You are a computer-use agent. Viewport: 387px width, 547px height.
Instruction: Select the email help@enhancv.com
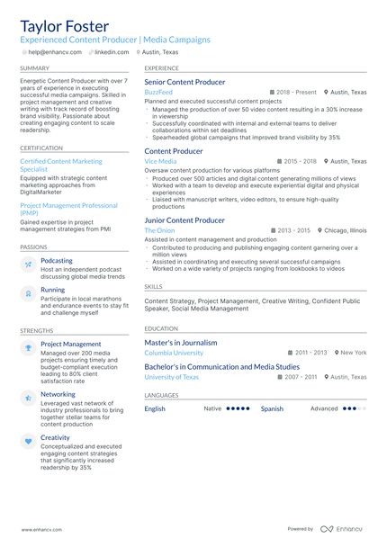click(x=55, y=52)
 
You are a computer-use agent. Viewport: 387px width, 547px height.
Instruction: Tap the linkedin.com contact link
click(x=112, y=52)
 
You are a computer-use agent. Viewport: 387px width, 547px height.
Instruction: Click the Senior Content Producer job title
click(x=184, y=82)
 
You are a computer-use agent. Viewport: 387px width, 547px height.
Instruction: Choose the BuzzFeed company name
click(x=157, y=92)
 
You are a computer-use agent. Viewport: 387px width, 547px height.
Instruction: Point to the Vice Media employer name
click(x=160, y=161)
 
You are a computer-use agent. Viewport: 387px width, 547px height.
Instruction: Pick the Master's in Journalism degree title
click(x=180, y=342)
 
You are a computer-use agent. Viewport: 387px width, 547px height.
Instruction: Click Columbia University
click(x=174, y=353)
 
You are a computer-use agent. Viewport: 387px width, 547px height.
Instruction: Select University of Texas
click(x=171, y=377)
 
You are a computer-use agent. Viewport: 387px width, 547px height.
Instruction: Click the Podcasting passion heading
click(x=57, y=261)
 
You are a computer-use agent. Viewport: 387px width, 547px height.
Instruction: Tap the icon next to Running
click(x=28, y=293)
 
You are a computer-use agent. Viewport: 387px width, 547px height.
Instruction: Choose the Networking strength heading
click(x=58, y=394)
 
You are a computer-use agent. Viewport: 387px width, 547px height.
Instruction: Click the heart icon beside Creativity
click(x=28, y=441)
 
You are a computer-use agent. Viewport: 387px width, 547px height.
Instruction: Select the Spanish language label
click(x=272, y=408)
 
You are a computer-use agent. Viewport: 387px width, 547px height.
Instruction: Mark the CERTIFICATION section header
click(x=41, y=148)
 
